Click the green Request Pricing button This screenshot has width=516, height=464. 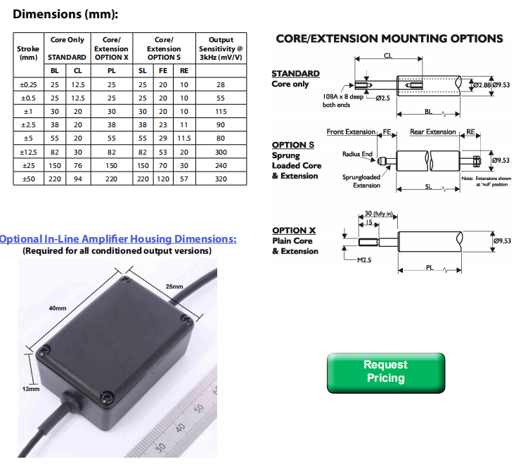(x=385, y=372)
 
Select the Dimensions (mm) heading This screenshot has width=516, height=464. (x=65, y=14)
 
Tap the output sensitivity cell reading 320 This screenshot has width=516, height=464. (x=221, y=179)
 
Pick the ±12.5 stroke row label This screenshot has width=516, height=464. (x=28, y=152)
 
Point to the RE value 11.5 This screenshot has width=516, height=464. (x=184, y=138)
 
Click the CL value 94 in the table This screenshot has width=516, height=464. (x=77, y=179)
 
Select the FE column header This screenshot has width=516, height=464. (x=163, y=70)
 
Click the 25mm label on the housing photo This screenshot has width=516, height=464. (x=174, y=286)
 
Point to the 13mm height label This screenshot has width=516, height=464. (x=31, y=388)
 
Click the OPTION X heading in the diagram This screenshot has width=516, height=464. (x=293, y=231)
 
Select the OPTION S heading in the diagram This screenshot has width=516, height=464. (x=293, y=146)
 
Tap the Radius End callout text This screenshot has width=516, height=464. (x=357, y=154)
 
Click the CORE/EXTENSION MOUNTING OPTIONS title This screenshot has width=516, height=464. (x=389, y=39)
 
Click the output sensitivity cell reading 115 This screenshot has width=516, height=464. (x=221, y=112)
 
